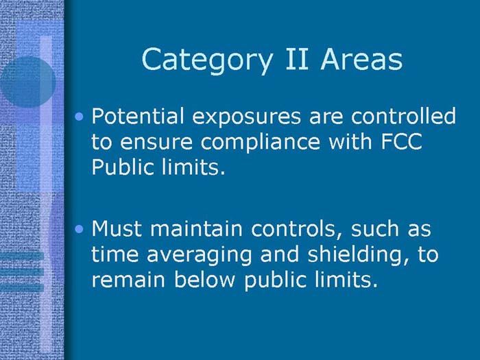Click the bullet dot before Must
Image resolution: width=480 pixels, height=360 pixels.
point(82,228)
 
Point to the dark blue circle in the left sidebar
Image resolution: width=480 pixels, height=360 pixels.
point(26,81)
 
